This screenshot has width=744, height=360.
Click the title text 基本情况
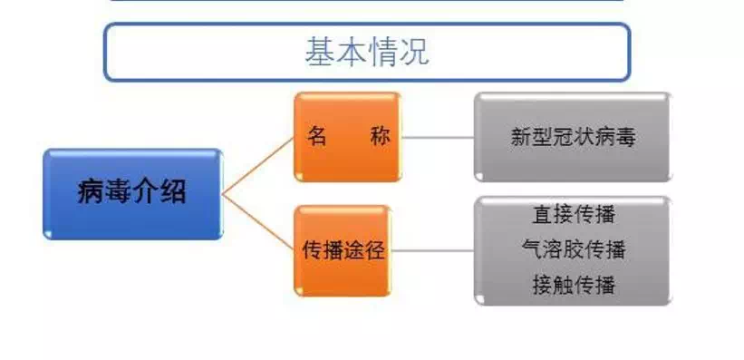click(367, 52)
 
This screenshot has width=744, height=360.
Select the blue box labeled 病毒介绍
click(133, 194)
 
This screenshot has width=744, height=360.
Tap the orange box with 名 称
click(348, 137)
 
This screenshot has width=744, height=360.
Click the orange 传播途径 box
click(343, 251)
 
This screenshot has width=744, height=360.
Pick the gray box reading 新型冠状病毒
click(573, 137)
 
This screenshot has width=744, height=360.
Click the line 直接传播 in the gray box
click(574, 215)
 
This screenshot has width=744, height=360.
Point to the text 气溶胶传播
click(574, 249)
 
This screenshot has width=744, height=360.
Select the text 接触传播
click(574, 285)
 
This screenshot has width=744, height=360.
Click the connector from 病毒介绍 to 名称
click(258, 166)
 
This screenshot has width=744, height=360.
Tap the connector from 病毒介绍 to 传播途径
click(258, 222)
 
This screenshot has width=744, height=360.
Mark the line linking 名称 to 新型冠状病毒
click(438, 137)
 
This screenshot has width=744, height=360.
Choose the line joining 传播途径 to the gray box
click(433, 251)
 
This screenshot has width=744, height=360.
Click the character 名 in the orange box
click(316, 137)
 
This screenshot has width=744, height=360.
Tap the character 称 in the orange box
click(380, 137)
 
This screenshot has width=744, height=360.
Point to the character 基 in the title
click(320, 52)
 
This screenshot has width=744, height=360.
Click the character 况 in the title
click(414, 52)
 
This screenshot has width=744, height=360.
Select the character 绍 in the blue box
click(173, 193)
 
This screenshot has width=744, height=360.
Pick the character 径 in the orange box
click(374, 251)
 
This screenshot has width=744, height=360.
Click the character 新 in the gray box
click(521, 137)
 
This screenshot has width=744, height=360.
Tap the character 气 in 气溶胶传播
click(531, 249)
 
